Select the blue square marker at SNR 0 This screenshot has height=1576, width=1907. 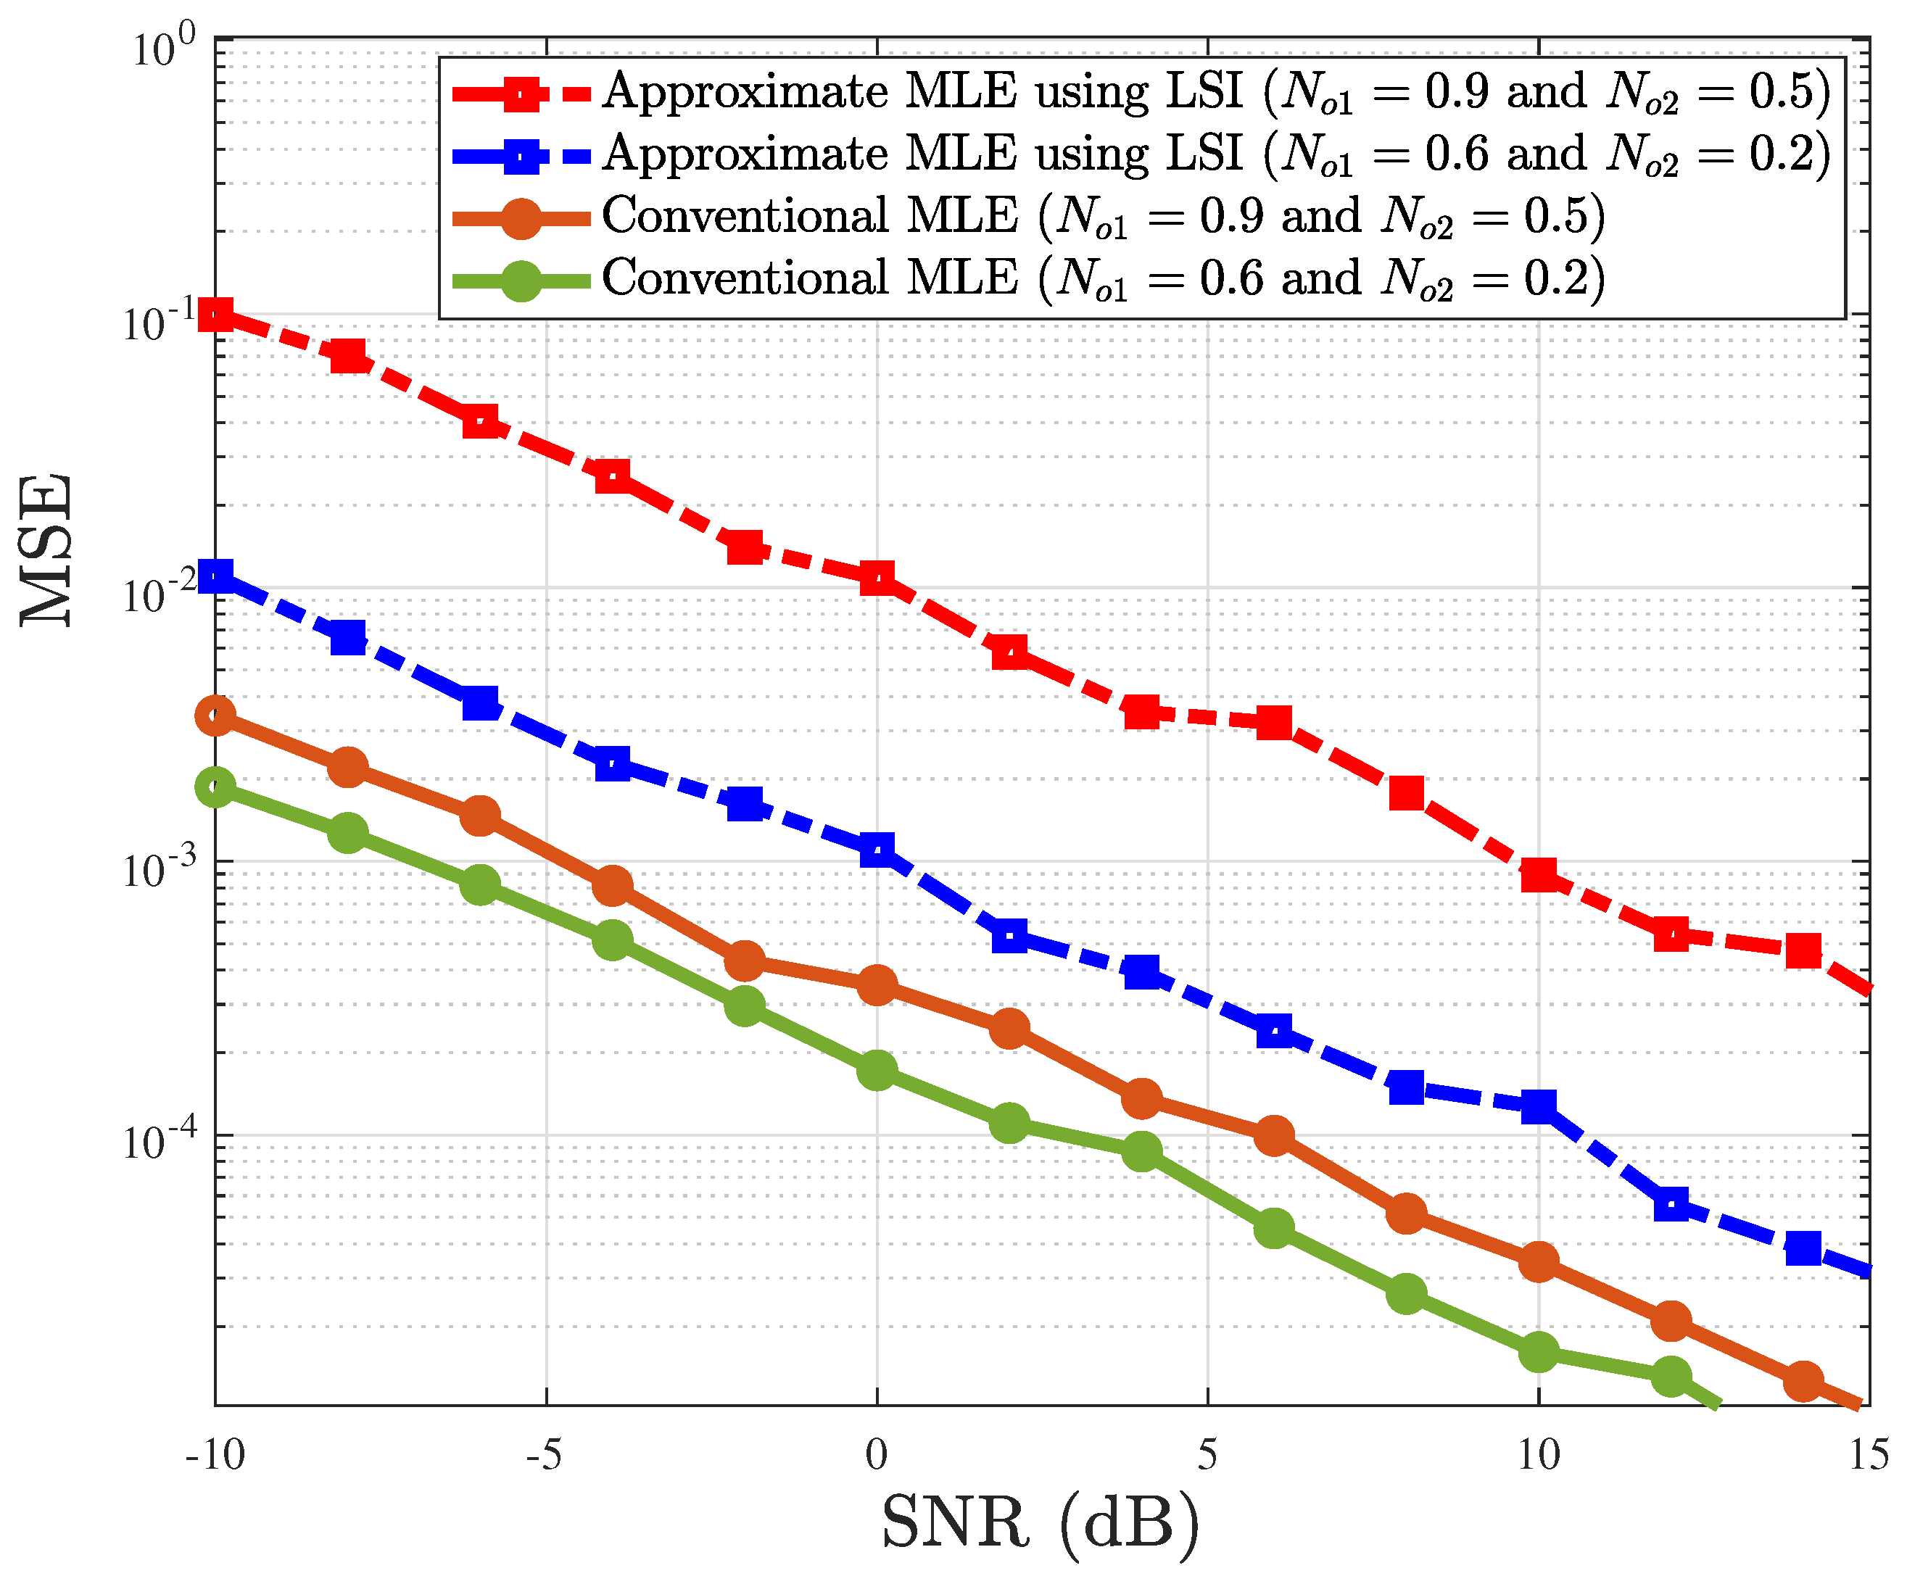(x=877, y=850)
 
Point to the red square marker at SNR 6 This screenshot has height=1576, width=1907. (x=1274, y=723)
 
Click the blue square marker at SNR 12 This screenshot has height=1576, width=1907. (x=1671, y=1205)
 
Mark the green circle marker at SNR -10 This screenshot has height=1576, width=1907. (x=216, y=786)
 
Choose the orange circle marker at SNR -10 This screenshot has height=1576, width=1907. (x=216, y=716)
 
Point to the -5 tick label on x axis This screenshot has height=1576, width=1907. (x=545, y=1455)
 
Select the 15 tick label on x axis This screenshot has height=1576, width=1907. (x=1869, y=1455)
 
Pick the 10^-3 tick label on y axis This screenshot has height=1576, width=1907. (x=159, y=868)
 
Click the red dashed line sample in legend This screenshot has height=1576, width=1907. (x=522, y=93)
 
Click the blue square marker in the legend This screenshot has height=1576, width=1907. (x=522, y=155)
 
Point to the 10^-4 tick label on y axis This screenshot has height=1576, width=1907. (x=159, y=1142)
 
